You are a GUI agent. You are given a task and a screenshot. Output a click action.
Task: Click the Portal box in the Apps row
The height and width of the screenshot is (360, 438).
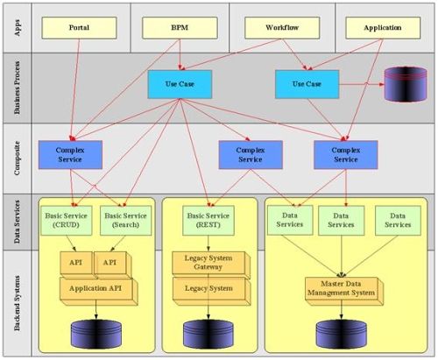coord(79,28)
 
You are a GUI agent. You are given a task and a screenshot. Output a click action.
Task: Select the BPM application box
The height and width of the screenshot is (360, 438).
coord(180,28)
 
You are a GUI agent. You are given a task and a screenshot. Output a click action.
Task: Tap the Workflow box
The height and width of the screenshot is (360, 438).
coord(282,28)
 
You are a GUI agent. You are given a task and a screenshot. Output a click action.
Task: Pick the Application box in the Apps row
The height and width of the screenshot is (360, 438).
coord(383,28)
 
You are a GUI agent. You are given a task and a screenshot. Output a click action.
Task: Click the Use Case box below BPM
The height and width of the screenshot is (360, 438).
coord(180,84)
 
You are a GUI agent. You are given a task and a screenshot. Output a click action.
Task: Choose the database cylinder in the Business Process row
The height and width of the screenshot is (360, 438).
coord(406,84)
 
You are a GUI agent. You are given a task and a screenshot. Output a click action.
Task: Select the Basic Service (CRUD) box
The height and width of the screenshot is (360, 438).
coord(67,221)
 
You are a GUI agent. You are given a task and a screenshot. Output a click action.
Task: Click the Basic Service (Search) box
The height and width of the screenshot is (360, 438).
coord(125,221)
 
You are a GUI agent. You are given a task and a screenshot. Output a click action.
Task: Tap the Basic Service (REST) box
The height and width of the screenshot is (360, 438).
coord(208,221)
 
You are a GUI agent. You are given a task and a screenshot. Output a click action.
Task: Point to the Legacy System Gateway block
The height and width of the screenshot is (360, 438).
coord(211,265)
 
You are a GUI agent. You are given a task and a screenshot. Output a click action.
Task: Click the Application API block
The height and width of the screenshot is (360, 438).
coord(98,291)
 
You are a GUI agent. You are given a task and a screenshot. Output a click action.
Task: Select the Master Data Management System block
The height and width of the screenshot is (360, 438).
coord(344,291)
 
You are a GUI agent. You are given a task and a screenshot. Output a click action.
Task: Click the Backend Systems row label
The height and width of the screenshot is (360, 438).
coord(18,303)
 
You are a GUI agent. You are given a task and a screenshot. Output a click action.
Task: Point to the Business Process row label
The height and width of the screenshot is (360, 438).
coord(18,88)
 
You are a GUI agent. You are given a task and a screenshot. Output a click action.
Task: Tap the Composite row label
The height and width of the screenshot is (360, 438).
coord(18,159)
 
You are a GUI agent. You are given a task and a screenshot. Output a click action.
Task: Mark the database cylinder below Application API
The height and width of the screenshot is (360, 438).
coord(96,335)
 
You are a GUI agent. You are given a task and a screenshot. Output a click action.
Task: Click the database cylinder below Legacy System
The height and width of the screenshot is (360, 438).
coord(208,335)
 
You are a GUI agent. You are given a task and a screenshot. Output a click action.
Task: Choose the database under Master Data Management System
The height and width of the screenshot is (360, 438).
coord(342,335)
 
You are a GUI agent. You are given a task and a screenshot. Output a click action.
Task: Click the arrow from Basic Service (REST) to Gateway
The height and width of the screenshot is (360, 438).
coord(208,244)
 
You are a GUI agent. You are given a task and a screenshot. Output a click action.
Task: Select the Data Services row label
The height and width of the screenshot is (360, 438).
coord(18,222)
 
